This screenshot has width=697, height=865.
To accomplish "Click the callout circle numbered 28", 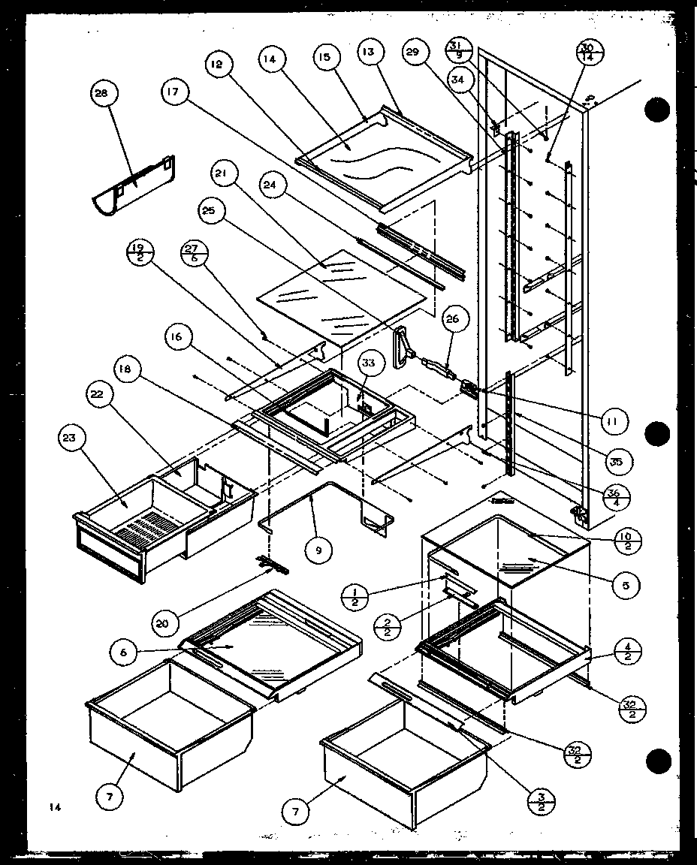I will (x=101, y=94).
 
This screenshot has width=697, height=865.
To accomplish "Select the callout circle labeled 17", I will (x=173, y=92).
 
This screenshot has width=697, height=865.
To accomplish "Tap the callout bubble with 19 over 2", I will (x=139, y=252).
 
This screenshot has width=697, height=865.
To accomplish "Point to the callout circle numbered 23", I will (x=74, y=439).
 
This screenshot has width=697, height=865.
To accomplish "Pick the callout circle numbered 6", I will (x=122, y=652).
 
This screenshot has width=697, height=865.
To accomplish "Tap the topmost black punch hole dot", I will (x=657, y=110).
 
